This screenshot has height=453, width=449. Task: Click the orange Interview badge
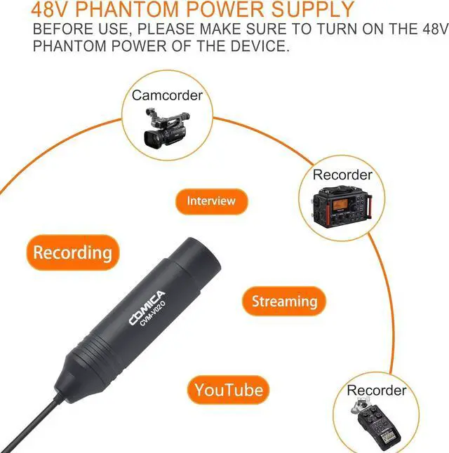(210, 201)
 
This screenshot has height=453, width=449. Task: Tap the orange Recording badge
(72, 252)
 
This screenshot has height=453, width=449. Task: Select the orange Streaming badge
(284, 302)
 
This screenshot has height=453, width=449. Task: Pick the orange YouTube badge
(229, 390)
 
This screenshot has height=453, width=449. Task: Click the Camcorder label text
(167, 95)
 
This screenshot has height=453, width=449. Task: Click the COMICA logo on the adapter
(147, 309)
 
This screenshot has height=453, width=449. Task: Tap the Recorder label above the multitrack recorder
(342, 175)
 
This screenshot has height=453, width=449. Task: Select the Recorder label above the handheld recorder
(377, 390)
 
